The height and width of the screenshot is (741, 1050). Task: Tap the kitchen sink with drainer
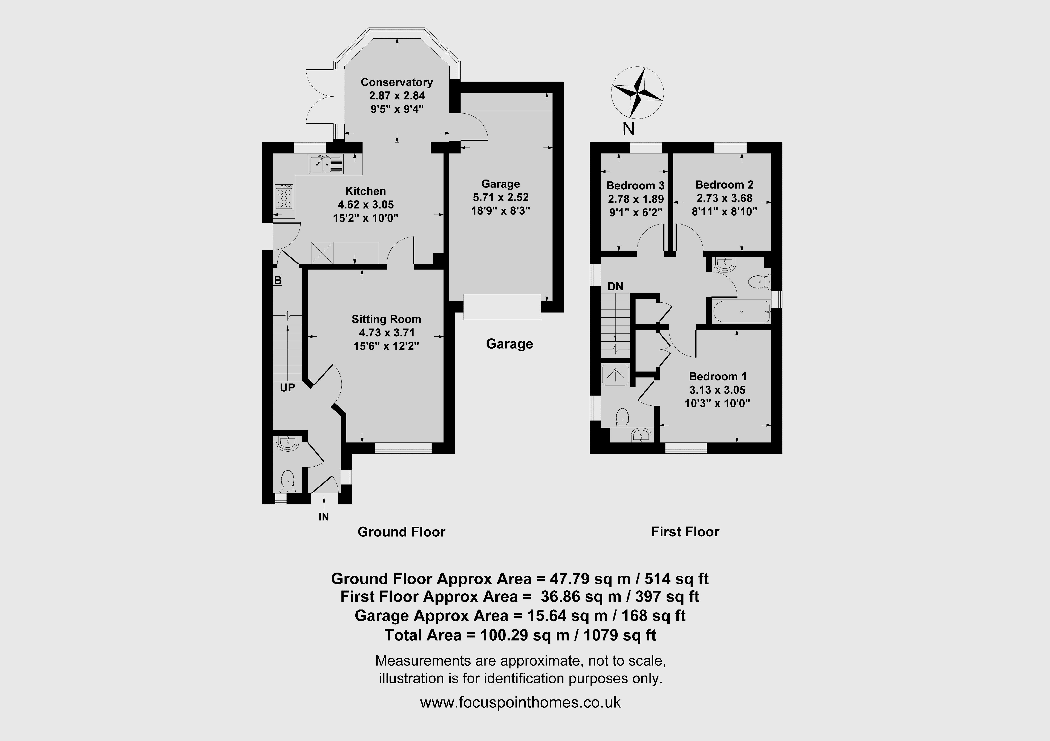coord(327,164)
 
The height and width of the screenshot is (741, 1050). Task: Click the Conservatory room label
coord(396,82)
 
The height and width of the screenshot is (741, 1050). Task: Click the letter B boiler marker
coord(278,280)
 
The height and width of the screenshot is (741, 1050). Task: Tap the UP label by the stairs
coord(287,388)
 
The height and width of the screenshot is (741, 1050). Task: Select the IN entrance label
coord(324,517)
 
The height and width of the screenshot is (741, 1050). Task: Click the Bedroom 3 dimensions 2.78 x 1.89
coord(636,199)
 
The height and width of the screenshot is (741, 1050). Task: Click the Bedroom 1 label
coord(718,376)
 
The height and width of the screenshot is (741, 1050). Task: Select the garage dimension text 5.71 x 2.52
coord(501,197)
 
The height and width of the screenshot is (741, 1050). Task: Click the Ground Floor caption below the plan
coord(402,532)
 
